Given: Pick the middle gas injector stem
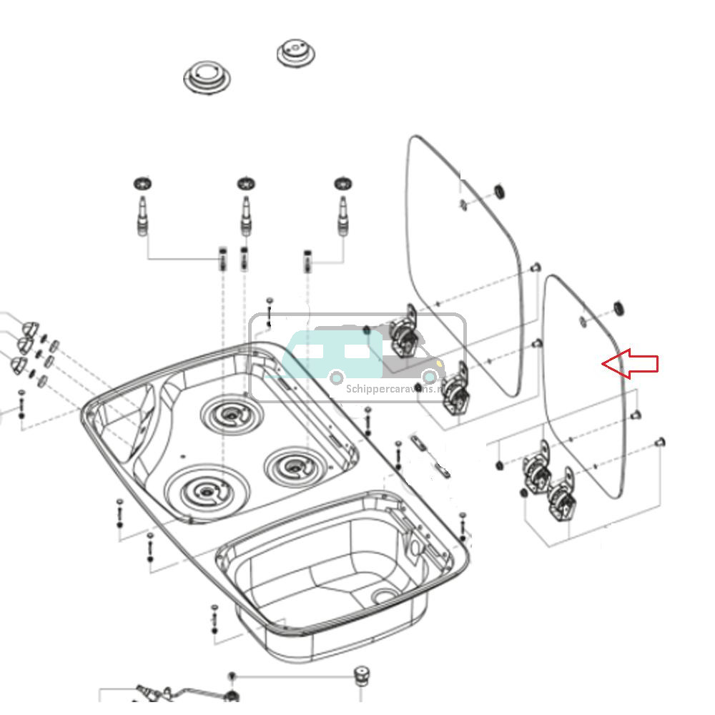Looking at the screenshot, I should click(247, 215).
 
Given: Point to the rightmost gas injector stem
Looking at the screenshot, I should click(344, 215).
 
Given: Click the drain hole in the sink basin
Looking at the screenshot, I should click(385, 595).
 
